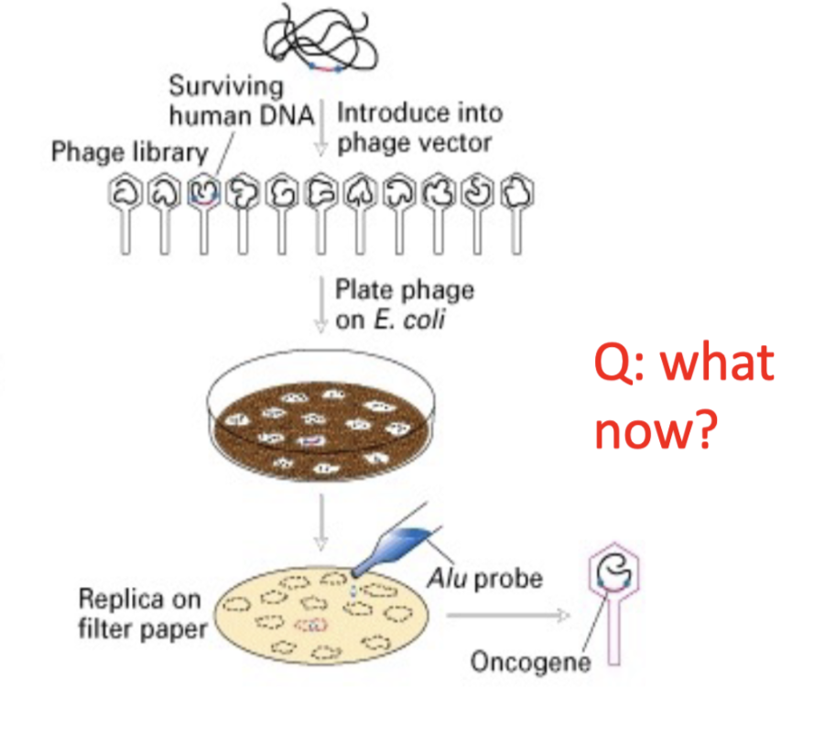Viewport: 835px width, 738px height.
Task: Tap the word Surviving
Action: pyautogui.click(x=226, y=87)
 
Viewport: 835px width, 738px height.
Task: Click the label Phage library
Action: pyautogui.click(x=129, y=152)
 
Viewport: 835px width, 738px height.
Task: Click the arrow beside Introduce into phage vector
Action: pyautogui.click(x=320, y=128)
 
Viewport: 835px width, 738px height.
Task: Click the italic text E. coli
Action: pyautogui.click(x=409, y=320)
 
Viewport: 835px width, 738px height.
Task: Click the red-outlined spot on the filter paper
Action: pyautogui.click(x=311, y=624)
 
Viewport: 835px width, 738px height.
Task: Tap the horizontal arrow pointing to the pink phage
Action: pyautogui.click(x=508, y=615)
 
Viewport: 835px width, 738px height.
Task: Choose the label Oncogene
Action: pyautogui.click(x=530, y=662)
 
